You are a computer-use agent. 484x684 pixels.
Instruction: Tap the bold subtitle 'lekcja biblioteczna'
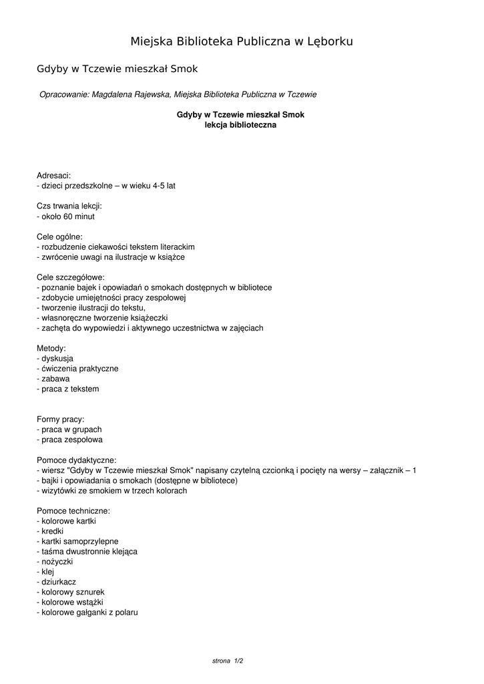(x=240, y=125)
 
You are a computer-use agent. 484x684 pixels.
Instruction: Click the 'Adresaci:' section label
(x=53, y=176)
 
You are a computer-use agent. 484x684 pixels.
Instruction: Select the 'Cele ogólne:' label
(x=59, y=236)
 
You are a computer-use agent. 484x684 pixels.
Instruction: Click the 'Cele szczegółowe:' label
(x=70, y=277)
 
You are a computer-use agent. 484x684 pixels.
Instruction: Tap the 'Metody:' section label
(x=51, y=348)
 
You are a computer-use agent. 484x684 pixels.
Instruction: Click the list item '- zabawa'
(x=53, y=379)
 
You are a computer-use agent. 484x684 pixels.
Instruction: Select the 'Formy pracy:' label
(x=60, y=419)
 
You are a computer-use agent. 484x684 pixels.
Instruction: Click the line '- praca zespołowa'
(x=69, y=440)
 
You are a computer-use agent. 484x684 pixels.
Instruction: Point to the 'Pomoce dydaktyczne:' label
(x=76, y=460)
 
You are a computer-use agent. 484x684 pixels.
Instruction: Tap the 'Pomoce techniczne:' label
(x=73, y=511)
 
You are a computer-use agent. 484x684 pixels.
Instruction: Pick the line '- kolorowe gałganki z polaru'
(x=87, y=612)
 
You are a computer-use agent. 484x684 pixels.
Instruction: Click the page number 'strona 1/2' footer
(x=228, y=661)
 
